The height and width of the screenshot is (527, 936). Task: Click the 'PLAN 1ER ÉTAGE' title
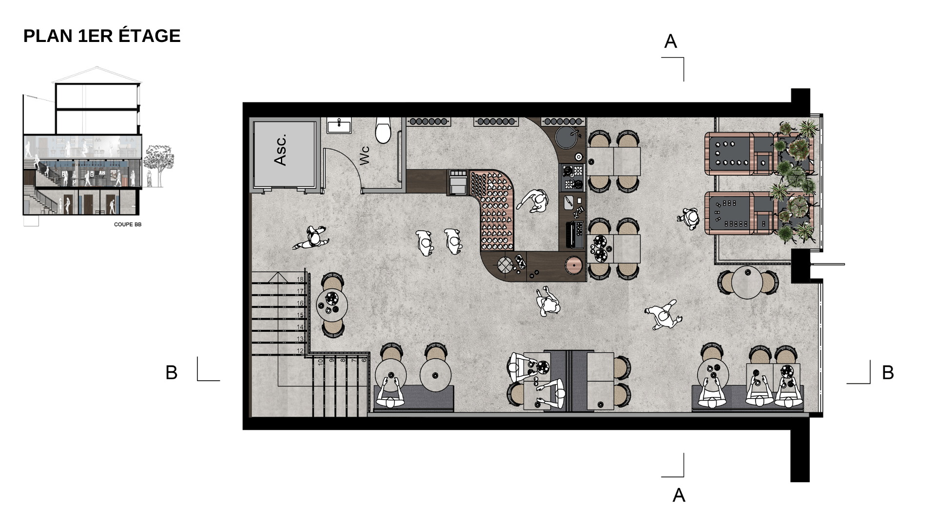click(102, 36)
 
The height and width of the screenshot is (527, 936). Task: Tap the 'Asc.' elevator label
click(281, 150)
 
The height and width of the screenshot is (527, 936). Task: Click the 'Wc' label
click(364, 155)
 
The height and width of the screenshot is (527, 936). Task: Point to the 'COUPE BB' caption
click(128, 224)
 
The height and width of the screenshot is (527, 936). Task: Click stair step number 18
click(300, 280)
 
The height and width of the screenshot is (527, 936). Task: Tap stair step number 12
click(300, 351)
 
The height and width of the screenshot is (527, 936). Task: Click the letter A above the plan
click(670, 42)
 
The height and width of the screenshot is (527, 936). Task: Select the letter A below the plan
click(679, 496)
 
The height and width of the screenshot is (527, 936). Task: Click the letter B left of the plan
click(171, 373)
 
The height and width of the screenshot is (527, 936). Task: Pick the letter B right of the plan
click(888, 373)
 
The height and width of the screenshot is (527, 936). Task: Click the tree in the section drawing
click(159, 159)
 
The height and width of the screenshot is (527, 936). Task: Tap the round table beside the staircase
click(332, 304)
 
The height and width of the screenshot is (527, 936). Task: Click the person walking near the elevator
click(312, 238)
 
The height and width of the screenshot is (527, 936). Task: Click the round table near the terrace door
click(746, 282)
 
